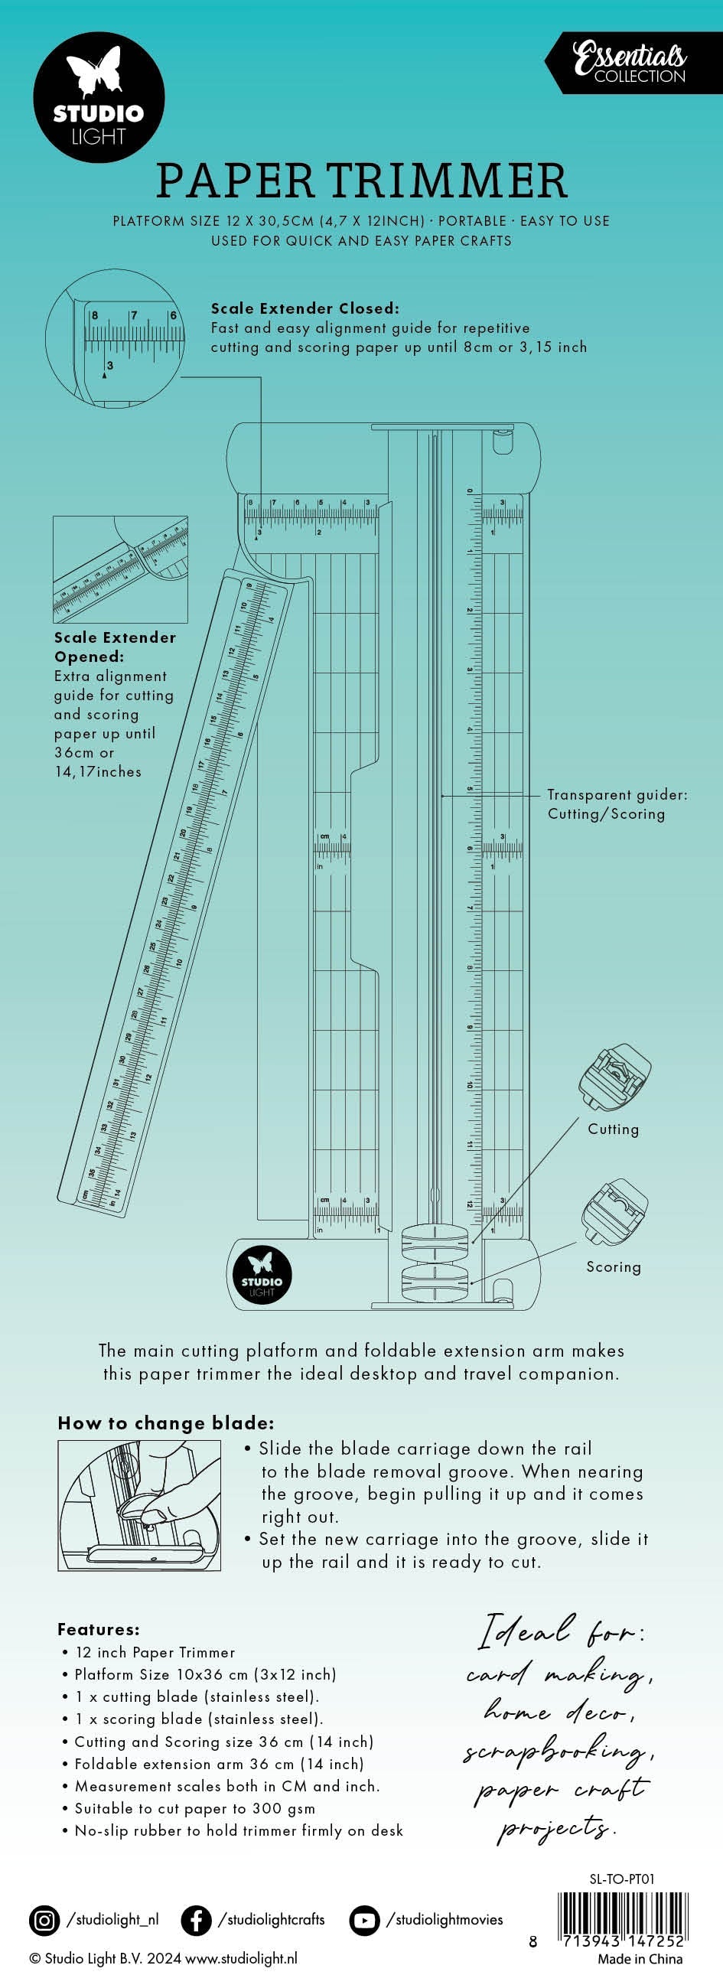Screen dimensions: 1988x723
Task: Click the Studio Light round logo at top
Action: [99, 96]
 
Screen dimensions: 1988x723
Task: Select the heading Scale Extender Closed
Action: [305, 308]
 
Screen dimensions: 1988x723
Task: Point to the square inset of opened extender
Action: [120, 569]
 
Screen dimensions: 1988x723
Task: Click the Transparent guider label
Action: [617, 803]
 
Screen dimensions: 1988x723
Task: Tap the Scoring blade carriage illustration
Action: [614, 1211]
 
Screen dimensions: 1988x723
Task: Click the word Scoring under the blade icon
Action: [614, 1266]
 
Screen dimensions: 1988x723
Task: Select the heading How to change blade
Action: [166, 1423]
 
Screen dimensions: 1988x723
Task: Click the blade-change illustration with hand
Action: [139, 1505]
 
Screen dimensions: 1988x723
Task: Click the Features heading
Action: [99, 1629]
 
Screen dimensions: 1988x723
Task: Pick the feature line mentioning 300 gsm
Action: [194, 1808]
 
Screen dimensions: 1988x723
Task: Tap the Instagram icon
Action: [44, 1920]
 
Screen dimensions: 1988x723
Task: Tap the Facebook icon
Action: [196, 1920]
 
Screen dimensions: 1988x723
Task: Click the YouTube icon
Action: [363, 1920]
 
